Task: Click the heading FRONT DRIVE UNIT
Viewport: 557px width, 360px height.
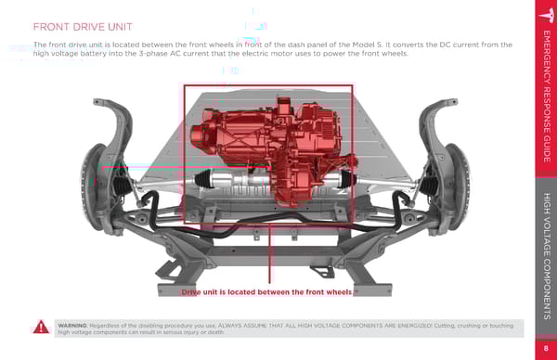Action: click(x=83, y=27)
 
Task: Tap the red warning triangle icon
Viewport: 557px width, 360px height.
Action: click(x=41, y=327)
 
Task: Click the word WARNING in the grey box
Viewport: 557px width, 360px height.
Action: click(x=72, y=326)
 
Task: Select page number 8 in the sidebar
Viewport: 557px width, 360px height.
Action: click(x=546, y=348)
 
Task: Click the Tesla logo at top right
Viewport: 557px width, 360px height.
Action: click(x=548, y=15)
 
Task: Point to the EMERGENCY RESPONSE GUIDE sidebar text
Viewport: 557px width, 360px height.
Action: click(x=547, y=96)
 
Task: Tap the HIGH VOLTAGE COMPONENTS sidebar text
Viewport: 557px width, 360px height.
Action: click(x=547, y=256)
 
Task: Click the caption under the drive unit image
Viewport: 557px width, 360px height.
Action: click(x=266, y=292)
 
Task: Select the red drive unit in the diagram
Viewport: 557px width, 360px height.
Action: click(x=274, y=149)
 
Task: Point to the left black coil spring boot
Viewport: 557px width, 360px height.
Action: click(x=121, y=185)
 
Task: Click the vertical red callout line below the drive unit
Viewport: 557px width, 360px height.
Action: click(x=269, y=254)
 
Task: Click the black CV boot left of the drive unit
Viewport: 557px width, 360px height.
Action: click(x=203, y=178)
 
